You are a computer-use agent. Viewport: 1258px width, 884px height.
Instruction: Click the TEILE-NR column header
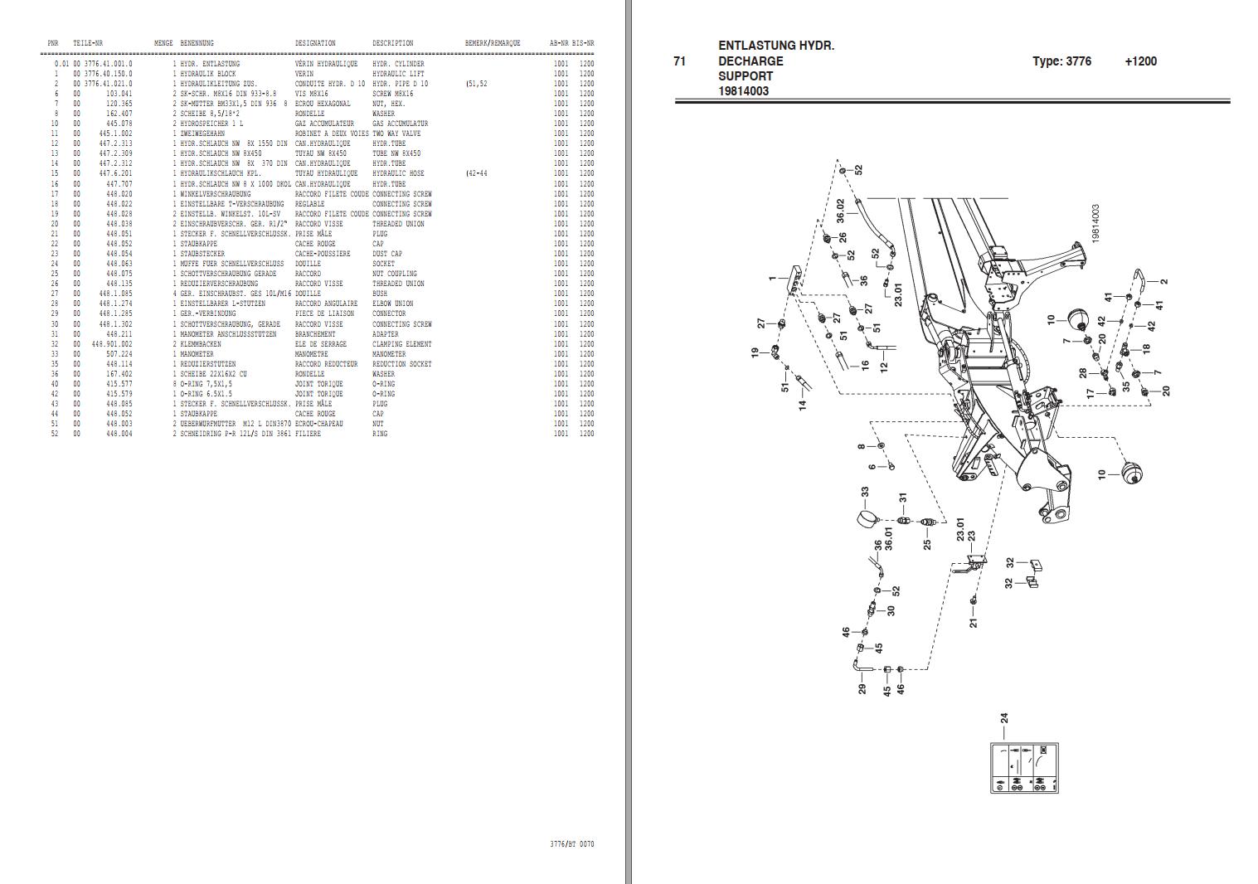[87, 43]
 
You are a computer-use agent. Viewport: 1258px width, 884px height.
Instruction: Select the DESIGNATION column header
[315, 43]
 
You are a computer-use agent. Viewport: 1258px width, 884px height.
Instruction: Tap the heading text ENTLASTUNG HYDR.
[776, 46]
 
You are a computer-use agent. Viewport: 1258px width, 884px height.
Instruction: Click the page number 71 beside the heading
[680, 61]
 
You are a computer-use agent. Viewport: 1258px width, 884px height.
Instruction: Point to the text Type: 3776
[1061, 61]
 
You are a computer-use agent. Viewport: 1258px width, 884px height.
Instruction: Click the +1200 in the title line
[1140, 61]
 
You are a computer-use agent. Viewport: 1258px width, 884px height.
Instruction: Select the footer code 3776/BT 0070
[571, 844]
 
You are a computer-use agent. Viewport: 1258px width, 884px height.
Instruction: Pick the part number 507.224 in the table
[119, 354]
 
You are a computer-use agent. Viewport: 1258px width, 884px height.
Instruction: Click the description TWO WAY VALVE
[396, 134]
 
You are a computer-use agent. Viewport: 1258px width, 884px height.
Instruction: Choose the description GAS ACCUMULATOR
[400, 124]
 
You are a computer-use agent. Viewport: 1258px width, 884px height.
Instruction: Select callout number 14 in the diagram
[802, 406]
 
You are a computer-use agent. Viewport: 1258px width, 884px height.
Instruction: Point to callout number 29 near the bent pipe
[862, 688]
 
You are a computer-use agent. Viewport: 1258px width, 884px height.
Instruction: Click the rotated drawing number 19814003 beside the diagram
[1095, 224]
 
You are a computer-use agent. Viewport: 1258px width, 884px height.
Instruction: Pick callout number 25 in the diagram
[927, 544]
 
